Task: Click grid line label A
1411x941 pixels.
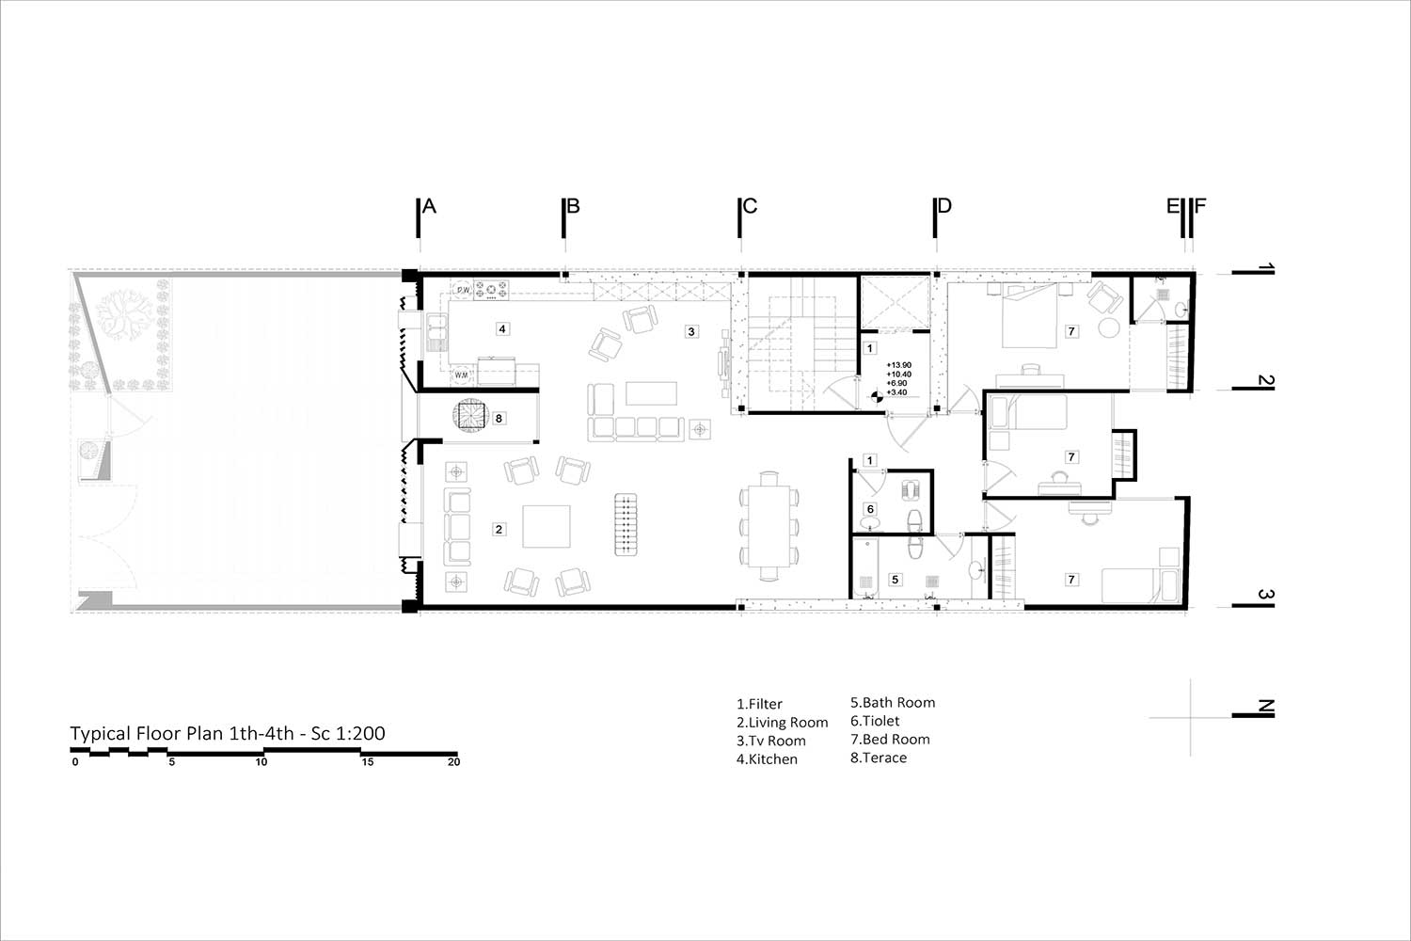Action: click(429, 206)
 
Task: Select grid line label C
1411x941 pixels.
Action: click(750, 206)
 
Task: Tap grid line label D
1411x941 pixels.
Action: click(944, 206)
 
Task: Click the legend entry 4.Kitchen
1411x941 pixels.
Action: click(767, 758)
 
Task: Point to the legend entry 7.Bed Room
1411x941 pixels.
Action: click(890, 740)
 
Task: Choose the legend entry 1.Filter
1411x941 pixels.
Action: click(759, 704)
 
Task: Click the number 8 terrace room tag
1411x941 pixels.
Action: click(499, 418)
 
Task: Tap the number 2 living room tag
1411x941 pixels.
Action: click(499, 529)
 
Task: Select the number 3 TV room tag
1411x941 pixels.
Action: click(691, 331)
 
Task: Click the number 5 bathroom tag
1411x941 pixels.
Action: click(896, 580)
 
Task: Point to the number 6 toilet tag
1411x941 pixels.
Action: click(870, 509)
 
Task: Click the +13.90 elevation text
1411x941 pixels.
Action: click(899, 365)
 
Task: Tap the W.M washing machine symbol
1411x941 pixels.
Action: click(461, 375)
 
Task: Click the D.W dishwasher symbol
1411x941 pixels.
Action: click(463, 290)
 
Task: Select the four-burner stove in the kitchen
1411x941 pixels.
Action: click(491, 290)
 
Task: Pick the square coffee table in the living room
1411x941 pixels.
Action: click(547, 526)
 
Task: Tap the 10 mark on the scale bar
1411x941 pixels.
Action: click(262, 762)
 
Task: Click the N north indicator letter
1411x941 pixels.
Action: click(1265, 708)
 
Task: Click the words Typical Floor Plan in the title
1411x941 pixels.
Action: click(147, 734)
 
